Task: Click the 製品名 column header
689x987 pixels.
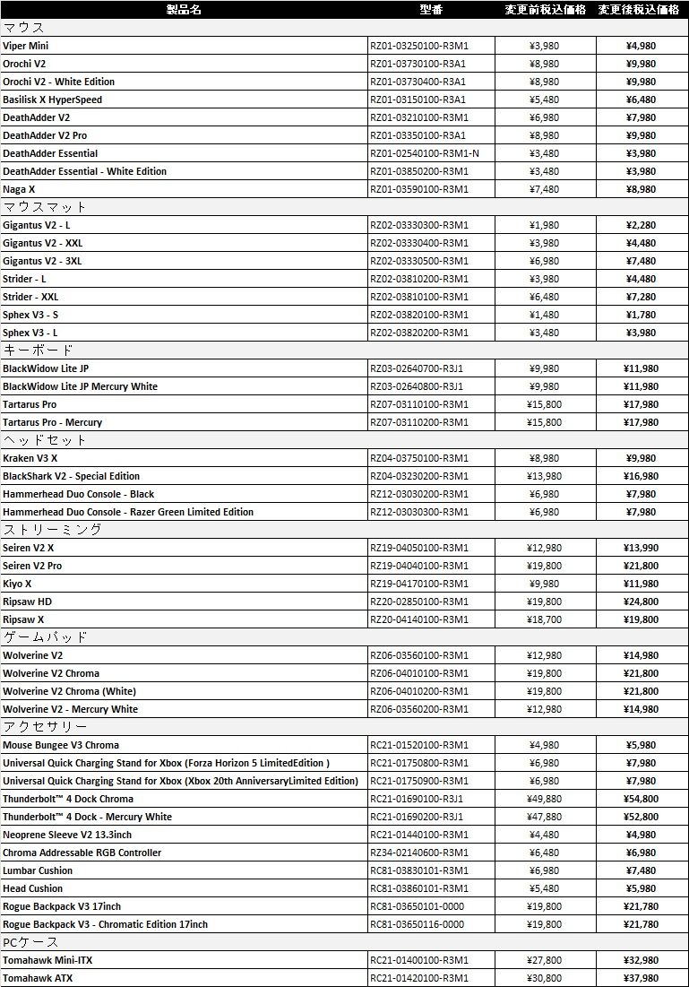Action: click(x=184, y=10)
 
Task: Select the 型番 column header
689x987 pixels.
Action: click(x=431, y=10)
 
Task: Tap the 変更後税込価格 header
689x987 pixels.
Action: click(x=639, y=10)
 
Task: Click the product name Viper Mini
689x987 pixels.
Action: click(x=26, y=46)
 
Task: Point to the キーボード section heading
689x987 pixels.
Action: click(x=38, y=351)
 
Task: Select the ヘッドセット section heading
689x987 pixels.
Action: click(x=45, y=440)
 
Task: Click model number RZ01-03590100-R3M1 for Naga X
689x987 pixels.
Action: click(x=418, y=189)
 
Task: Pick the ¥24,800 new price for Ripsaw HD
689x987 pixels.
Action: click(x=641, y=602)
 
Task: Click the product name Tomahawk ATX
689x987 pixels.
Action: click(x=38, y=978)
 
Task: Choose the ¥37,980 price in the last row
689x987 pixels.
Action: click(x=641, y=978)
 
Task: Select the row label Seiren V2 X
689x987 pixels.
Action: click(x=28, y=548)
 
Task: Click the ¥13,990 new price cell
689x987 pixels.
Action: click(x=641, y=548)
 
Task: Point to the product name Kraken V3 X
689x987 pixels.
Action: click(x=30, y=458)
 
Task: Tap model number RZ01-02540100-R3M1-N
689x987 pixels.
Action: click(x=424, y=153)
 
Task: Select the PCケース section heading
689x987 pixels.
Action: click(x=30, y=942)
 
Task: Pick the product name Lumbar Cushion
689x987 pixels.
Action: click(x=38, y=870)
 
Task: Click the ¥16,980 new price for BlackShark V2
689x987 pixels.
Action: click(x=641, y=476)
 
